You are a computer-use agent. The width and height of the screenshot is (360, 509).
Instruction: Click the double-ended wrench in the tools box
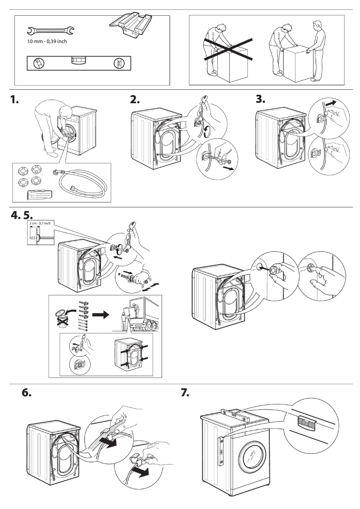(x=50, y=31)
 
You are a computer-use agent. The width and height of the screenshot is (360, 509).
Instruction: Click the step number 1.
(x=15, y=101)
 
